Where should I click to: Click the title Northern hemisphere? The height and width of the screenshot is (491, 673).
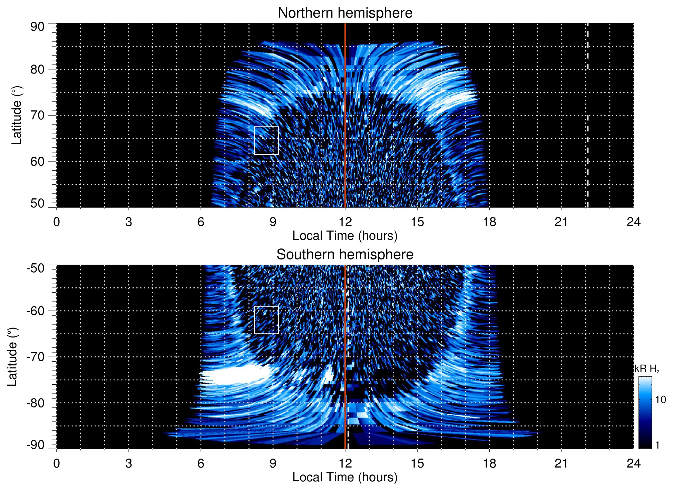coord(345,13)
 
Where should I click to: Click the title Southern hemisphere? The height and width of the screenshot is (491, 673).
coord(345,255)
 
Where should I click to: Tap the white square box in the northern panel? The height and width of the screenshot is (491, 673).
coord(266,140)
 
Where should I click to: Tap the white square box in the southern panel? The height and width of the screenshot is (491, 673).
coord(266,320)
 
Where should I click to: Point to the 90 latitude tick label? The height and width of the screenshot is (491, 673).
coord(37,27)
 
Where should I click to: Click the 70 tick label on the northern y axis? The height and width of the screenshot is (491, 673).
coord(37,115)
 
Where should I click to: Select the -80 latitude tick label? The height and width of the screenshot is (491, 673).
coord(36,403)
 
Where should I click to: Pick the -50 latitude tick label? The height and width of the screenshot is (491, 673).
coord(36,268)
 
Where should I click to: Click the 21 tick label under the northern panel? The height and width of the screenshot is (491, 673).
coord(561,222)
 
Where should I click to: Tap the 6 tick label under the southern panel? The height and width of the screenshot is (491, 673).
coord(201,463)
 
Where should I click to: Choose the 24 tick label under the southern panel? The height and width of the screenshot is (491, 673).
coord(633,463)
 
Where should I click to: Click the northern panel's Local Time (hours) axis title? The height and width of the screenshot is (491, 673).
coord(345,236)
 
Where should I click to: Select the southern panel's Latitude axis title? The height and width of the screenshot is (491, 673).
coord(12,357)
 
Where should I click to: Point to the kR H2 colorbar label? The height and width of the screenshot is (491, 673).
coord(647,369)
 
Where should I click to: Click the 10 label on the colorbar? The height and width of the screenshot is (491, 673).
coord(660,400)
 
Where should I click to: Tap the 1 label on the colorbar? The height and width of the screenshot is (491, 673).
coord(657,445)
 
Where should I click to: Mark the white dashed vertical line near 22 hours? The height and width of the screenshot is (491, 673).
coord(588,115)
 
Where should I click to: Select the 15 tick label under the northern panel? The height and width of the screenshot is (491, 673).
coord(417,222)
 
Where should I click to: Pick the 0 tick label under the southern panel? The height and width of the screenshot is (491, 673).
coord(57,463)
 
